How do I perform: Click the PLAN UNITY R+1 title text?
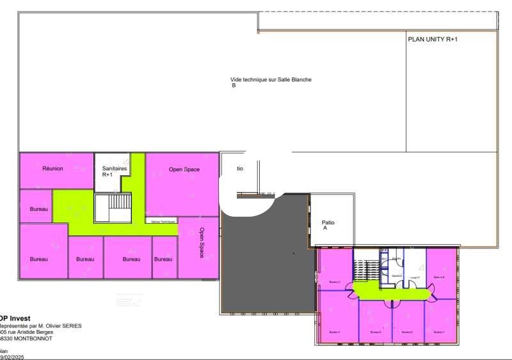[x=433, y=39]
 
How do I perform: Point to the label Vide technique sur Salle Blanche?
[x=271, y=80]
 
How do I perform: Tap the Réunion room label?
[x=52, y=169]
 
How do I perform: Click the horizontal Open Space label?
[x=184, y=169]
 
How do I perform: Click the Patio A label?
[x=328, y=225]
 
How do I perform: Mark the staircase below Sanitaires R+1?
[x=113, y=208]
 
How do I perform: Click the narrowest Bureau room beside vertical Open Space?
[x=163, y=259]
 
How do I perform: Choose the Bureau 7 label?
[x=439, y=333]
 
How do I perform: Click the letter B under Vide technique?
[x=234, y=85]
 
